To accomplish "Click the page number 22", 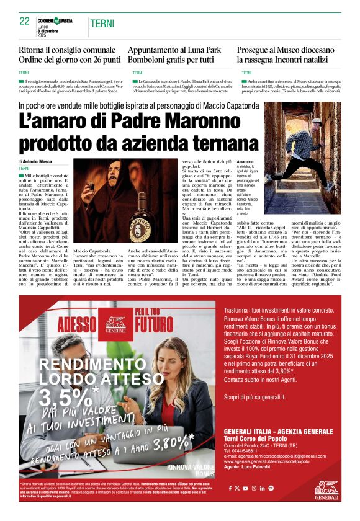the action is click(25, 21).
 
